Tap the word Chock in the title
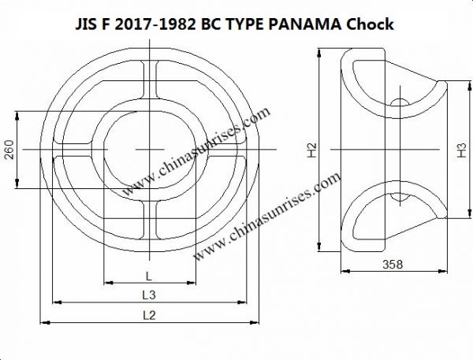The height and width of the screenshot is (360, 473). [367, 24]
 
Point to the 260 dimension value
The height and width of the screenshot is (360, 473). [9, 150]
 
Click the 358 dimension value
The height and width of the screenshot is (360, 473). [392, 264]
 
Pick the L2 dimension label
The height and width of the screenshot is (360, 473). [148, 314]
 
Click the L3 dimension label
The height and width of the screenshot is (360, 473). [148, 294]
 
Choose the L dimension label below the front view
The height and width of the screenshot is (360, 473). [148, 274]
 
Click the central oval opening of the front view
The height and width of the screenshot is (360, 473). [149, 149]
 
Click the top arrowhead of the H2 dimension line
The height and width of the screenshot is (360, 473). [319, 53]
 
